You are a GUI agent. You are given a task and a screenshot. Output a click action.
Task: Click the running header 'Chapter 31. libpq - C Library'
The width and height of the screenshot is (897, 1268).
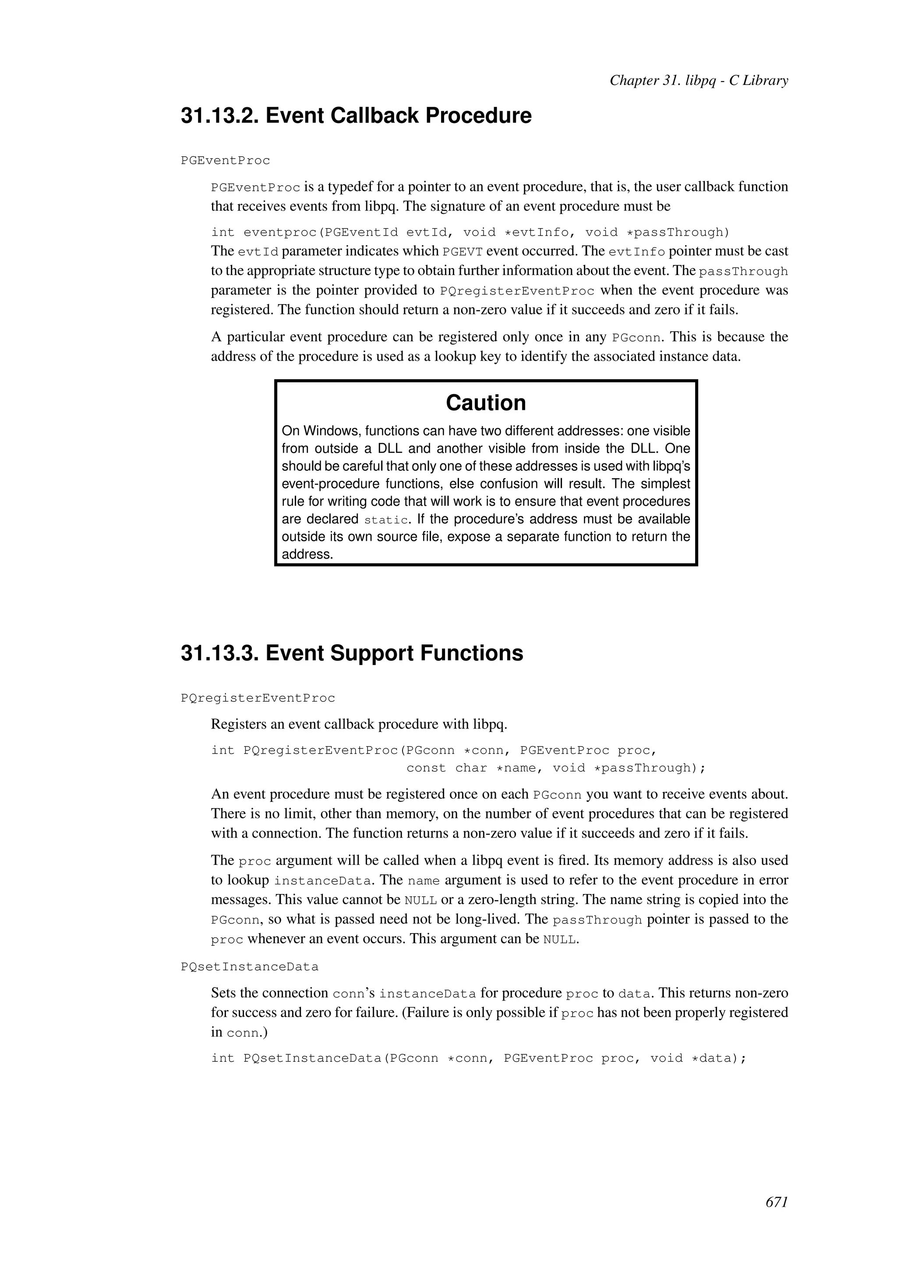(698, 81)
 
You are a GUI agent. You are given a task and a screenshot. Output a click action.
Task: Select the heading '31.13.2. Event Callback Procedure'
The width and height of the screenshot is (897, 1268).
(356, 116)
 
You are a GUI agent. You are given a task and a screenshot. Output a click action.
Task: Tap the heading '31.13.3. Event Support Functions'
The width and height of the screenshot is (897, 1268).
(352, 653)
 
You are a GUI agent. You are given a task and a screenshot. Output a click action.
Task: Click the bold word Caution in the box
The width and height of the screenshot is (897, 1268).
(485, 403)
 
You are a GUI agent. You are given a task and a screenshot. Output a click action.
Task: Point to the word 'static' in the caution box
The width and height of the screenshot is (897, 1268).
(386, 520)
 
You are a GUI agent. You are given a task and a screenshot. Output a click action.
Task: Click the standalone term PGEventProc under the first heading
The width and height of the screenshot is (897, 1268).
(226, 161)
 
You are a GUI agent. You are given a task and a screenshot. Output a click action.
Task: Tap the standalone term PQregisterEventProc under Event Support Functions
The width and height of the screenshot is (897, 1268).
(258, 698)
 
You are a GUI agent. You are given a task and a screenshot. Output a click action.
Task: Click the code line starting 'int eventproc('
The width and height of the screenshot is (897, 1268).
(470, 232)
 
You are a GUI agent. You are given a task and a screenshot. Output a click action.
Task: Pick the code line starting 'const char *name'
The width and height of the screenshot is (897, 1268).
(556, 768)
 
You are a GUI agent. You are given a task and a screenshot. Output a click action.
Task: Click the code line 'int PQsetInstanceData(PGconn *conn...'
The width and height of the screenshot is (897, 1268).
(478, 1058)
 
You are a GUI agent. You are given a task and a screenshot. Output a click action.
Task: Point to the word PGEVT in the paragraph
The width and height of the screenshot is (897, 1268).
(463, 252)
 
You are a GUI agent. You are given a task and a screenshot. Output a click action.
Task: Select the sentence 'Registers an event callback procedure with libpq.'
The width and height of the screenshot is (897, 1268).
(358, 724)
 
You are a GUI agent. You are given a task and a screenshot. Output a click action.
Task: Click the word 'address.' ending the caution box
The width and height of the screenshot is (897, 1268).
(307, 554)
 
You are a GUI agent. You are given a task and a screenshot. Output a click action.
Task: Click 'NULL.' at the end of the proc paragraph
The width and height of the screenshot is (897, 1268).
(561, 940)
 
